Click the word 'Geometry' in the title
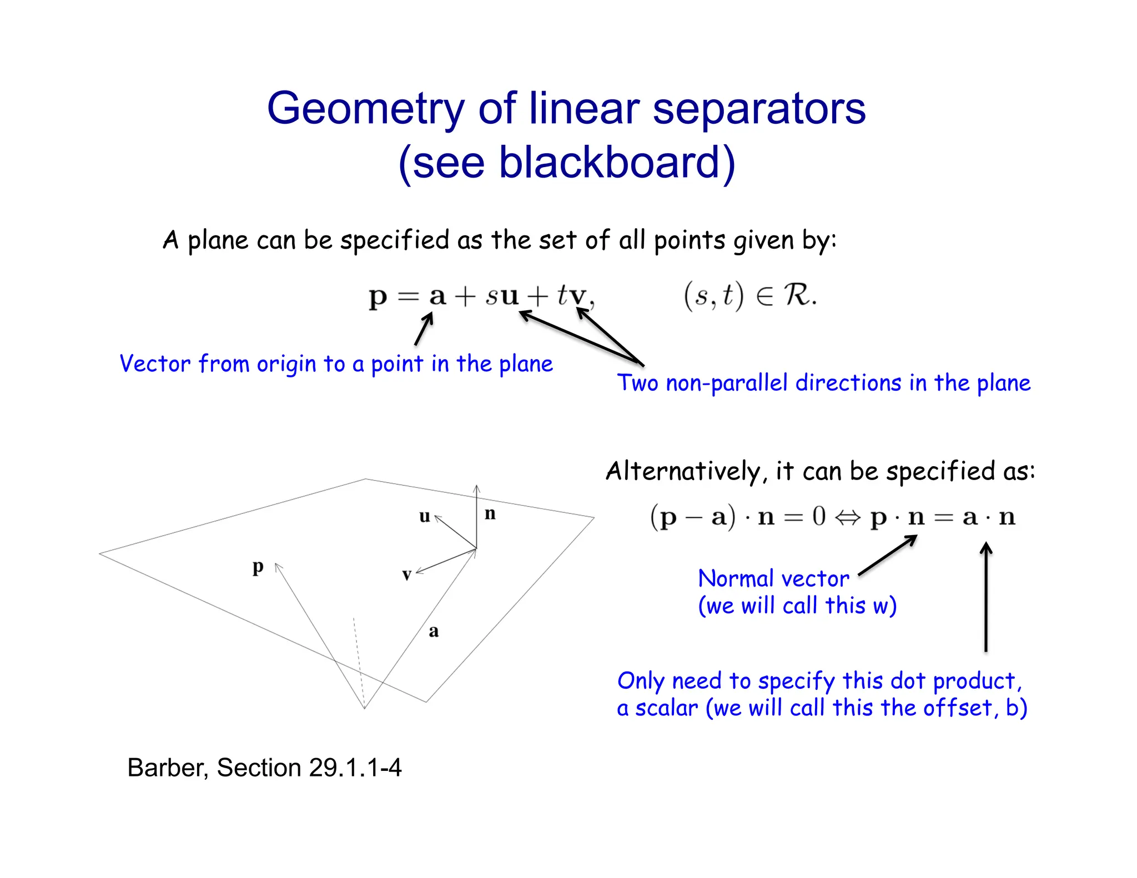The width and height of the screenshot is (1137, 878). (365, 109)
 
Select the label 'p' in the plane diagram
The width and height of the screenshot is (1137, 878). (258, 567)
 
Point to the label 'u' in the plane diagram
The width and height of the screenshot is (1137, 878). (425, 517)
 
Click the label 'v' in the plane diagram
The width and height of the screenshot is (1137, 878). (407, 575)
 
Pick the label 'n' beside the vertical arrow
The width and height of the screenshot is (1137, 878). (490, 513)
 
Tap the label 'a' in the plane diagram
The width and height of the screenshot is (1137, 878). (434, 631)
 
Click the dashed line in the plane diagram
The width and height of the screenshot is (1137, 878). (359, 660)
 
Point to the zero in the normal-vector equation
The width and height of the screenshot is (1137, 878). (819, 516)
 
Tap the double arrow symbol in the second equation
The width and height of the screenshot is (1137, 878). (848, 517)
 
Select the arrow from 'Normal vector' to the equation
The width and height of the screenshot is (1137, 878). (888, 555)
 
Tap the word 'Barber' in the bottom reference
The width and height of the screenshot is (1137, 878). (167, 768)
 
